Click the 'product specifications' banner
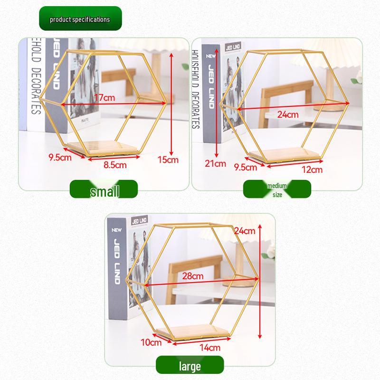pos(80,19)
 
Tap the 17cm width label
pos(104,98)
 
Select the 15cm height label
pos(168,160)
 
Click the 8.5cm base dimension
pos(115,165)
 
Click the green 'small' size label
pos(104,190)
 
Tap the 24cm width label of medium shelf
pos(288,114)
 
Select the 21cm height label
pos(215,164)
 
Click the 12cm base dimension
pos(312,170)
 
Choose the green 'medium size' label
pos(277,190)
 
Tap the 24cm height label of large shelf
pos(245,231)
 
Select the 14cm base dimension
pos(209,347)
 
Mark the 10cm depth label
pos(151,342)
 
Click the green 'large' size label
pos(190,366)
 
